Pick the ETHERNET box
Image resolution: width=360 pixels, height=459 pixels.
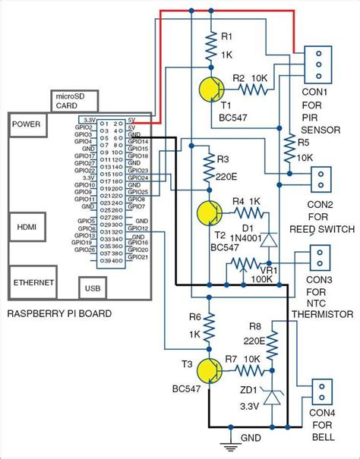(33, 281)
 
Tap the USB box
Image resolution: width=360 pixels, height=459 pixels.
(91, 288)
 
